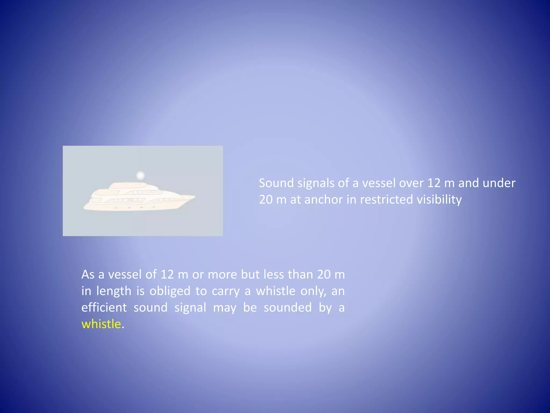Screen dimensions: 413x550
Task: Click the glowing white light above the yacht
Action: [140, 176]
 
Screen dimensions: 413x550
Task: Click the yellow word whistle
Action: [101, 324]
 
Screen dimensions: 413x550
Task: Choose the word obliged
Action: [170, 291]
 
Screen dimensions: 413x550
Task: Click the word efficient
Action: [104, 308]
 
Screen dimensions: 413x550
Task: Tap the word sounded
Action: [288, 308]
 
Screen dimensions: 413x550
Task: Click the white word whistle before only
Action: [276, 291]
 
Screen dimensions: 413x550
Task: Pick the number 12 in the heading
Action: [434, 183]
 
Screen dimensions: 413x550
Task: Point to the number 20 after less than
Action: [324, 275]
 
